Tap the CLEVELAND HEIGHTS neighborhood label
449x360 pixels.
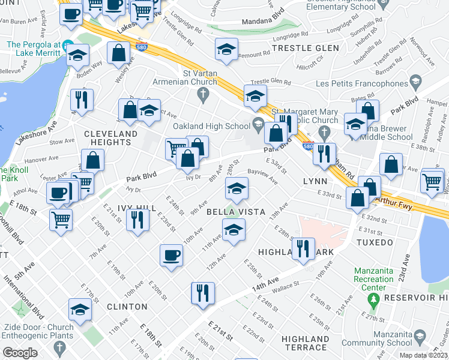coord(107,137)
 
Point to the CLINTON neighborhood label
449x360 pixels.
coord(127,307)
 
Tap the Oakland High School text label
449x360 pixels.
coord(211,126)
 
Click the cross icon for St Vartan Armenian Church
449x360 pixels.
coord(203,94)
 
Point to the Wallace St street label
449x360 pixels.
coord(286,284)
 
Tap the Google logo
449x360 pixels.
coord(20,352)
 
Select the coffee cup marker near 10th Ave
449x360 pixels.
coord(172,255)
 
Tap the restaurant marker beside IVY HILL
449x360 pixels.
coord(138,220)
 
